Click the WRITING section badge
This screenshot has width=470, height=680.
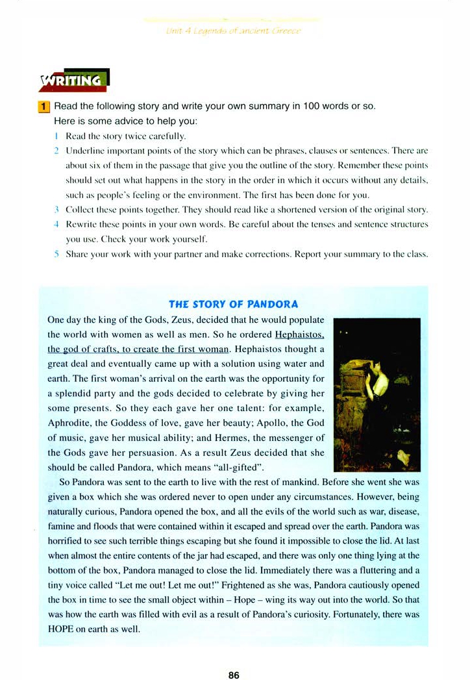click(x=74, y=81)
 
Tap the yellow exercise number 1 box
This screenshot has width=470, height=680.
click(x=43, y=106)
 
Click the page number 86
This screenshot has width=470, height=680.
click(x=234, y=657)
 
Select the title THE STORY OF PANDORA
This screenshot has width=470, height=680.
click(x=233, y=304)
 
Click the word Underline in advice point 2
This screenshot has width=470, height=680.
click(x=85, y=151)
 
